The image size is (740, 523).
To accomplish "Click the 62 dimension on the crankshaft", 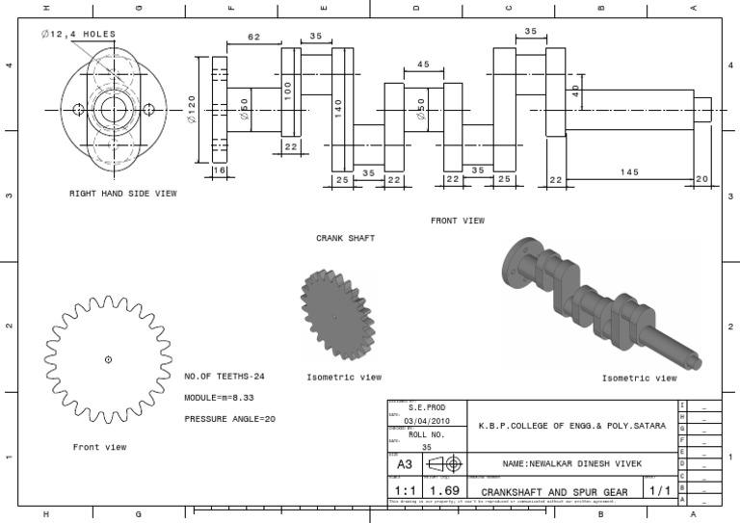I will coord(253,38).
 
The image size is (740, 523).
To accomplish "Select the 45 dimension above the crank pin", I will coord(423,65).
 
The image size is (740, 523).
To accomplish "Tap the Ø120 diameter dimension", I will coord(192,110).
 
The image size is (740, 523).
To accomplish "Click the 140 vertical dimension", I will coord(338,108).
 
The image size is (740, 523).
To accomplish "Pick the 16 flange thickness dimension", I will coord(220,170).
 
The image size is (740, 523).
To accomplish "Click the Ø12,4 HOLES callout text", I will coord(78,34).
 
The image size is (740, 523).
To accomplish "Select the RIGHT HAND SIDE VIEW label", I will coord(122,194).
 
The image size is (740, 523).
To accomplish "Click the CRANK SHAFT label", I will coord(345,237).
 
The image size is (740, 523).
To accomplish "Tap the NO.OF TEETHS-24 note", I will coord(224,377).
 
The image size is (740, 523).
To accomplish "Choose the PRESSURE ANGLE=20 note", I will coord(229,419).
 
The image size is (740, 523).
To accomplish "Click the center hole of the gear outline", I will coord(108,359).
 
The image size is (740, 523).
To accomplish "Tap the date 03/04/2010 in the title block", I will coord(425,421).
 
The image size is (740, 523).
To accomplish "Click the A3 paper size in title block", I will coord(406,463).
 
